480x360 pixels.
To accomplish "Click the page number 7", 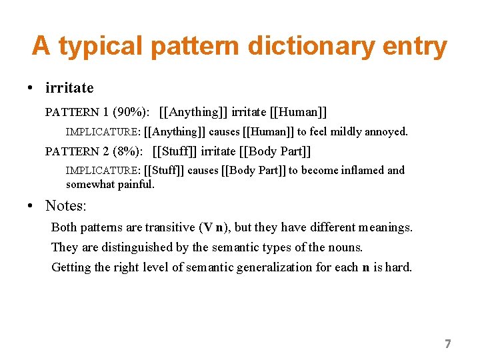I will coord(447,344).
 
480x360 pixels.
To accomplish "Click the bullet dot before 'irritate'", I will coord(31,88).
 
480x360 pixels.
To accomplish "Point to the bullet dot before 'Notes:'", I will coord(31,206).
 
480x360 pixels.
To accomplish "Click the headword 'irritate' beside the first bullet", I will coord(69,87).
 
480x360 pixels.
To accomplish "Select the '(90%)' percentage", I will coord(132,112).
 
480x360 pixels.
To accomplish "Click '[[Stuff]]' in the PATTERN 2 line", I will coord(175,151).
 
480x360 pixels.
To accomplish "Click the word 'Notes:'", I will coord(66,205).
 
